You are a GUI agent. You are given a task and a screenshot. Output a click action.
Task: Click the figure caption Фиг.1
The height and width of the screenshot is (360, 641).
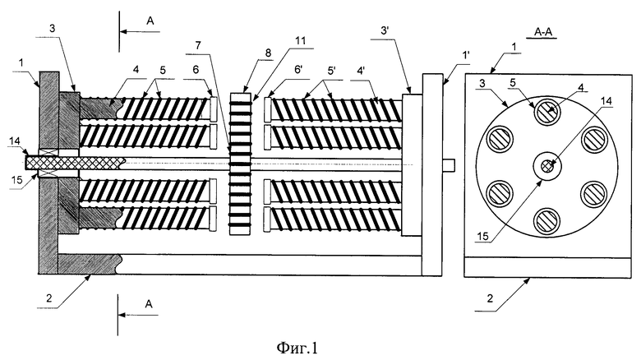(297, 348)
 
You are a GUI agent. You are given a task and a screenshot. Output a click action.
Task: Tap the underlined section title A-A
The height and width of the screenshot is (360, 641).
(545, 32)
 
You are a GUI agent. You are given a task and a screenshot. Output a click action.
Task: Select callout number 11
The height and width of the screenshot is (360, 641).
(300, 41)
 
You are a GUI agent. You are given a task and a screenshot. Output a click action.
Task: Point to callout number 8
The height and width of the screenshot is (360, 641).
(268, 53)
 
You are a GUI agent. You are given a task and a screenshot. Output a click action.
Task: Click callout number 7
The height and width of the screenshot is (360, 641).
(198, 45)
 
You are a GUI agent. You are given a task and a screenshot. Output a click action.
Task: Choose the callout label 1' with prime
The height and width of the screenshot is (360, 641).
(466, 55)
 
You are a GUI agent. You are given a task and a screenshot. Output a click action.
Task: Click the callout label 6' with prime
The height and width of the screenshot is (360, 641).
(298, 69)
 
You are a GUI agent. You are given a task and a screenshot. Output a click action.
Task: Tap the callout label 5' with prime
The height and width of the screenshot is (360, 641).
(331, 69)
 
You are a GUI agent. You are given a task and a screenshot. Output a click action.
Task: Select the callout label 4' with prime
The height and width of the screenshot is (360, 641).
(361, 70)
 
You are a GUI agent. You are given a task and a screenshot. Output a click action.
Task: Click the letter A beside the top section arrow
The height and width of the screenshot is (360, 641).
(150, 21)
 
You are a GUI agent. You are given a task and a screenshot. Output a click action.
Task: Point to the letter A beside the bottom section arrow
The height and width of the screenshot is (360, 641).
(149, 303)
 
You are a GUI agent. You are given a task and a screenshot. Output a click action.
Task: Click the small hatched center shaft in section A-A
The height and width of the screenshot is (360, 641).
(547, 166)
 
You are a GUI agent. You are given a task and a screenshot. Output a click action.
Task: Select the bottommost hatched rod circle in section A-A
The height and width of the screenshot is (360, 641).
(547, 221)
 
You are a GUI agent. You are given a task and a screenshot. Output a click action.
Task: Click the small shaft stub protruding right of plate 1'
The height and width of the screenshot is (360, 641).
(449, 164)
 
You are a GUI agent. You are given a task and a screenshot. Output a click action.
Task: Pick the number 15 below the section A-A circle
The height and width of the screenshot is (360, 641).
(482, 236)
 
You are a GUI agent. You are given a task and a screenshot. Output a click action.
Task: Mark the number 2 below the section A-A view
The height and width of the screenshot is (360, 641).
(490, 298)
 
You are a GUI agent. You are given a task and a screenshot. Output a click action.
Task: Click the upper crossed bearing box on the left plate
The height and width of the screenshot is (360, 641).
(48, 152)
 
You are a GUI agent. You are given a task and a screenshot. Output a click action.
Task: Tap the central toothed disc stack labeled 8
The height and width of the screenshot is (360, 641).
(240, 164)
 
